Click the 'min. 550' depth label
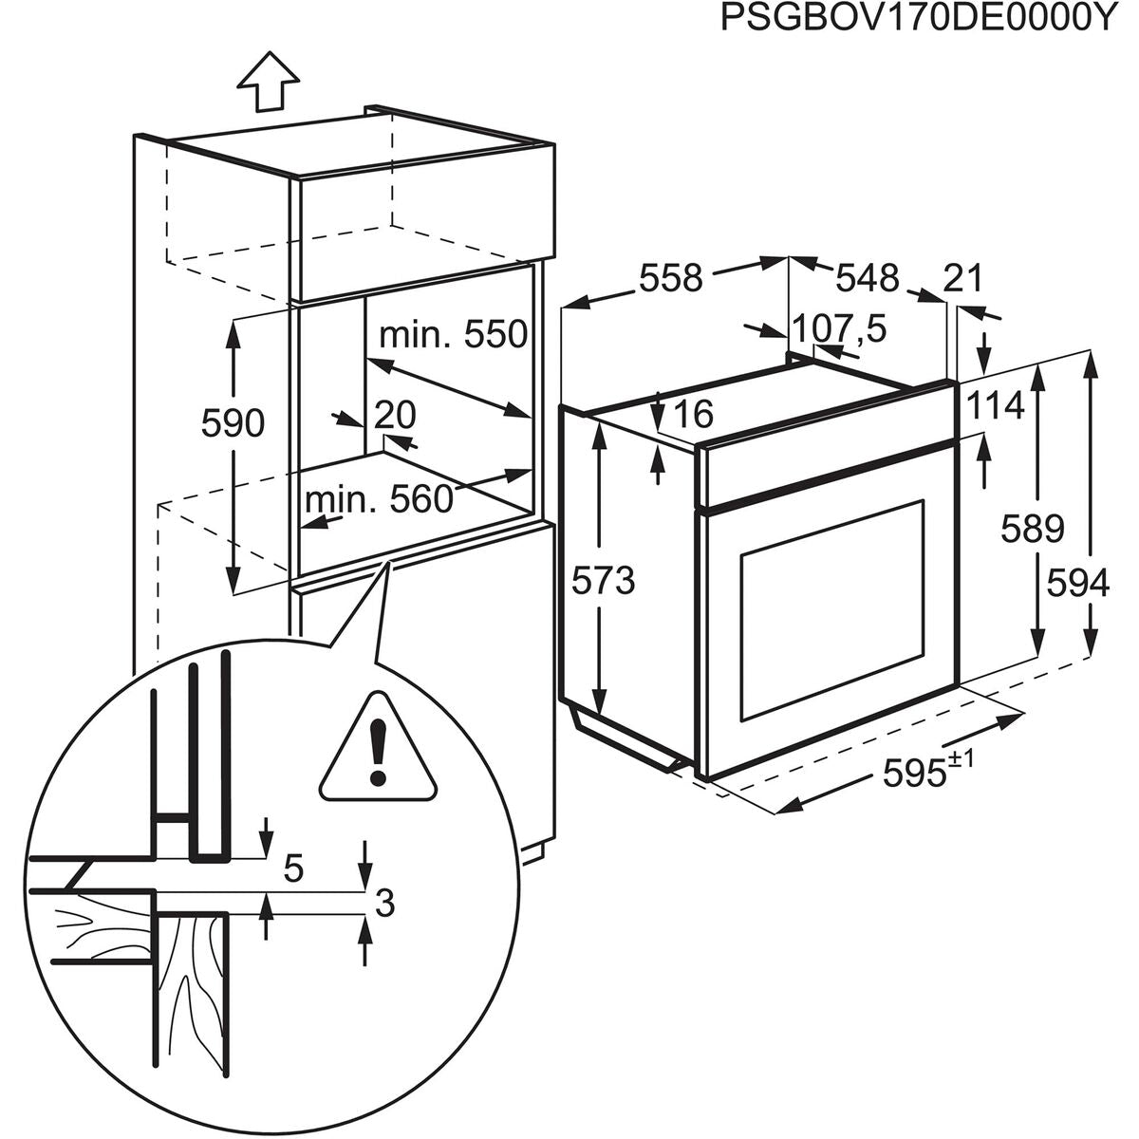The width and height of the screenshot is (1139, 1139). [452, 334]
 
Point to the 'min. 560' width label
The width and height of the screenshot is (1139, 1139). [379, 499]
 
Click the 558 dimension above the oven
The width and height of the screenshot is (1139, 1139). [670, 278]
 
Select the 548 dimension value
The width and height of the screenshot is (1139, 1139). [867, 278]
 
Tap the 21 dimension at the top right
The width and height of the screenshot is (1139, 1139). [963, 278]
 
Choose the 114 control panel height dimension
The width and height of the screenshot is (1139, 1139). [996, 406]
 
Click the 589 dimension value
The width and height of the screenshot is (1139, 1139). [1032, 529]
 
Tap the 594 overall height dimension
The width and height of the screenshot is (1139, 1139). [1077, 583]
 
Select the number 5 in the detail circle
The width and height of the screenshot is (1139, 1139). [294, 868]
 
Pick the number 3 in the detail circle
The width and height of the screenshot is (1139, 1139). [383, 904]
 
